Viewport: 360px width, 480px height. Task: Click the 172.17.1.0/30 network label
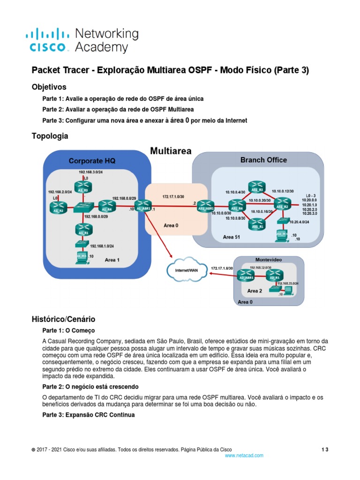(174, 196)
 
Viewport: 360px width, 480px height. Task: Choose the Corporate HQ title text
(92, 161)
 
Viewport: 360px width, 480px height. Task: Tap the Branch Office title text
(263, 160)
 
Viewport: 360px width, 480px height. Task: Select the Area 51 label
(232, 237)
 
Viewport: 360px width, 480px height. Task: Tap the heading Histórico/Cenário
(63, 319)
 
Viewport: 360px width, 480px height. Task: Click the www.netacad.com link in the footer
(244, 455)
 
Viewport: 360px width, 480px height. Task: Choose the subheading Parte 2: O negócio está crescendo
(90, 387)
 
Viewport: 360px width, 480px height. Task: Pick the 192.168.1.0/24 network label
(102, 246)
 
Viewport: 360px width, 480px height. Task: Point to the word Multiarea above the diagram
(171, 151)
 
